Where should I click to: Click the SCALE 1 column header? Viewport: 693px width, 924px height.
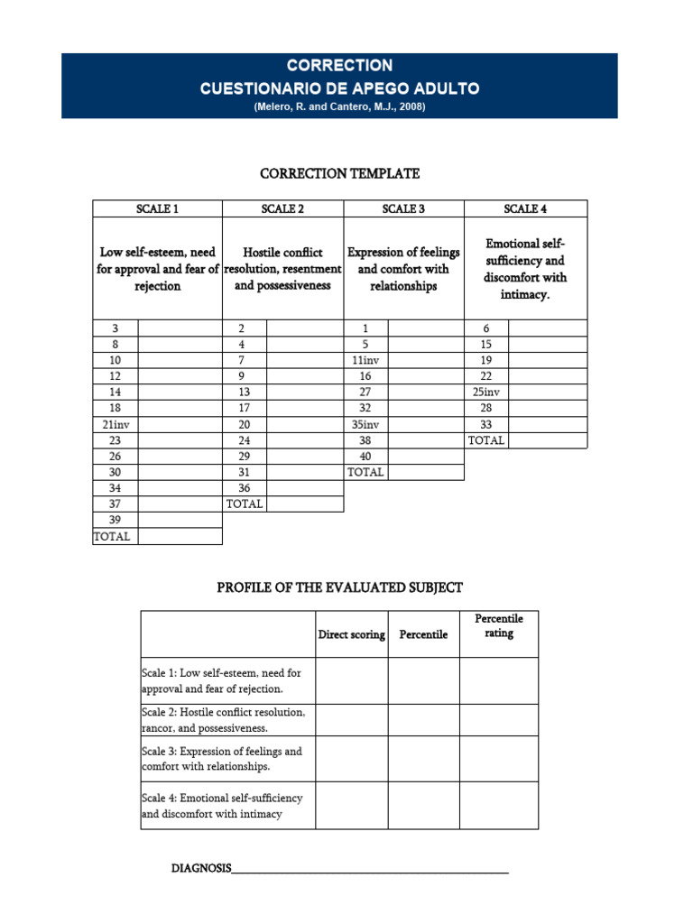point(157,209)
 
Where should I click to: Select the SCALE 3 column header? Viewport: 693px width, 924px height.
point(403,209)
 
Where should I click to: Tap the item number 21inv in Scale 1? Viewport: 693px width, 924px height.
point(115,424)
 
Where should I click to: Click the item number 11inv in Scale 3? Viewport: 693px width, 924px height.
point(365,360)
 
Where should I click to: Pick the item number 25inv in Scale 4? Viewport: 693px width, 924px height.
point(486,393)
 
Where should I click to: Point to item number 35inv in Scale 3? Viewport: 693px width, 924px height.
point(365,424)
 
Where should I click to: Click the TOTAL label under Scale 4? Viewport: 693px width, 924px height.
point(486,440)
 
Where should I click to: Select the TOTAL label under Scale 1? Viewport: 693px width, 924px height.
point(112,536)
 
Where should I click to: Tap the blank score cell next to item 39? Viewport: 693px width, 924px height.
point(180,520)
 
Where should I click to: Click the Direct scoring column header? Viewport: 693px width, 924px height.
point(352,634)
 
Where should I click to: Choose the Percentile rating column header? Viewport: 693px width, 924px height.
point(499,626)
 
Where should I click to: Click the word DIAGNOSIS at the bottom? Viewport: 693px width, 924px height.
point(201,869)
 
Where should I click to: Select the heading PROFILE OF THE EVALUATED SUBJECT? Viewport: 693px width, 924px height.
point(339,587)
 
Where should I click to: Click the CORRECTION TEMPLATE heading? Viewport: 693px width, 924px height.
point(339,173)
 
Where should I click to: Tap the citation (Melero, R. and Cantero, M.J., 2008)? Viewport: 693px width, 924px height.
point(339,106)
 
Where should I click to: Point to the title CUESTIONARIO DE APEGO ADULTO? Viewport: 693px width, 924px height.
point(339,88)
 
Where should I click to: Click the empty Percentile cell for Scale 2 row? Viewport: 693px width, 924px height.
point(424,720)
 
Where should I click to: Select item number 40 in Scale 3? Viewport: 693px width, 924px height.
point(365,456)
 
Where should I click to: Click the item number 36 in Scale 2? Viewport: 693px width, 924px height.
point(245,488)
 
